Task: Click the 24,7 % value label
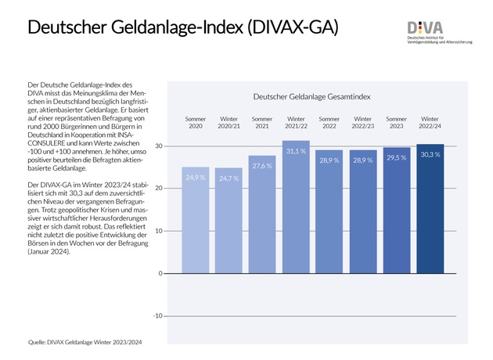(229, 179)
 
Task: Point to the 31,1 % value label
(296, 152)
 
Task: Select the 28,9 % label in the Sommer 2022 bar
(329, 160)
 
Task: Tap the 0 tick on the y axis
(160, 274)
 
